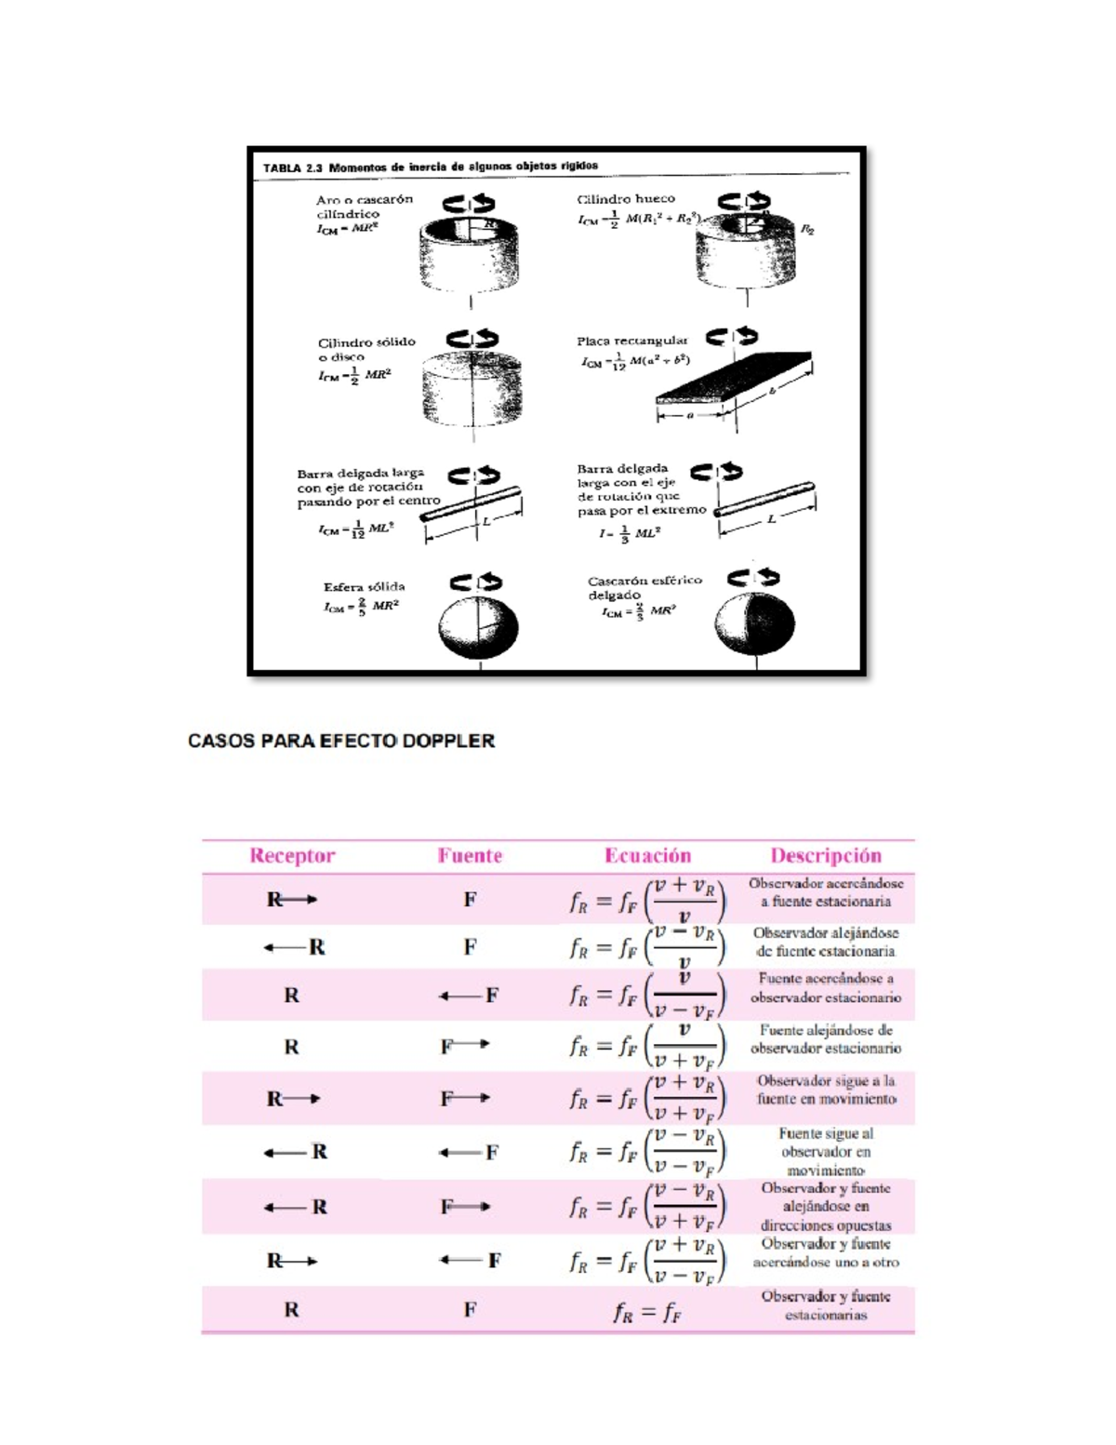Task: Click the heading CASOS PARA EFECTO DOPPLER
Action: tap(341, 742)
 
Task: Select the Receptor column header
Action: tap(292, 856)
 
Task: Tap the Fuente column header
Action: tap(470, 856)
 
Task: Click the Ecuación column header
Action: tap(647, 856)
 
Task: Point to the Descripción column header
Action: tap(825, 856)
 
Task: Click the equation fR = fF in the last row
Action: tap(647, 1312)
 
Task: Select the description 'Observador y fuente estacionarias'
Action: tap(825, 1305)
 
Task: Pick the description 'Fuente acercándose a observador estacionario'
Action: tap(825, 988)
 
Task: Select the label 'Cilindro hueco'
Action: tap(626, 199)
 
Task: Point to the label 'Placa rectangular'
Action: tap(631, 341)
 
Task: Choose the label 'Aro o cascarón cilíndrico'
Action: tap(364, 207)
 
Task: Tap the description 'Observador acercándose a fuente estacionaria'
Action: tap(825, 892)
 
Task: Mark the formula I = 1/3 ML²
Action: tap(630, 534)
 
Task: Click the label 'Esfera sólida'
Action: tap(364, 587)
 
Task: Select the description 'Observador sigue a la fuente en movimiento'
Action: tap(825, 1090)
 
